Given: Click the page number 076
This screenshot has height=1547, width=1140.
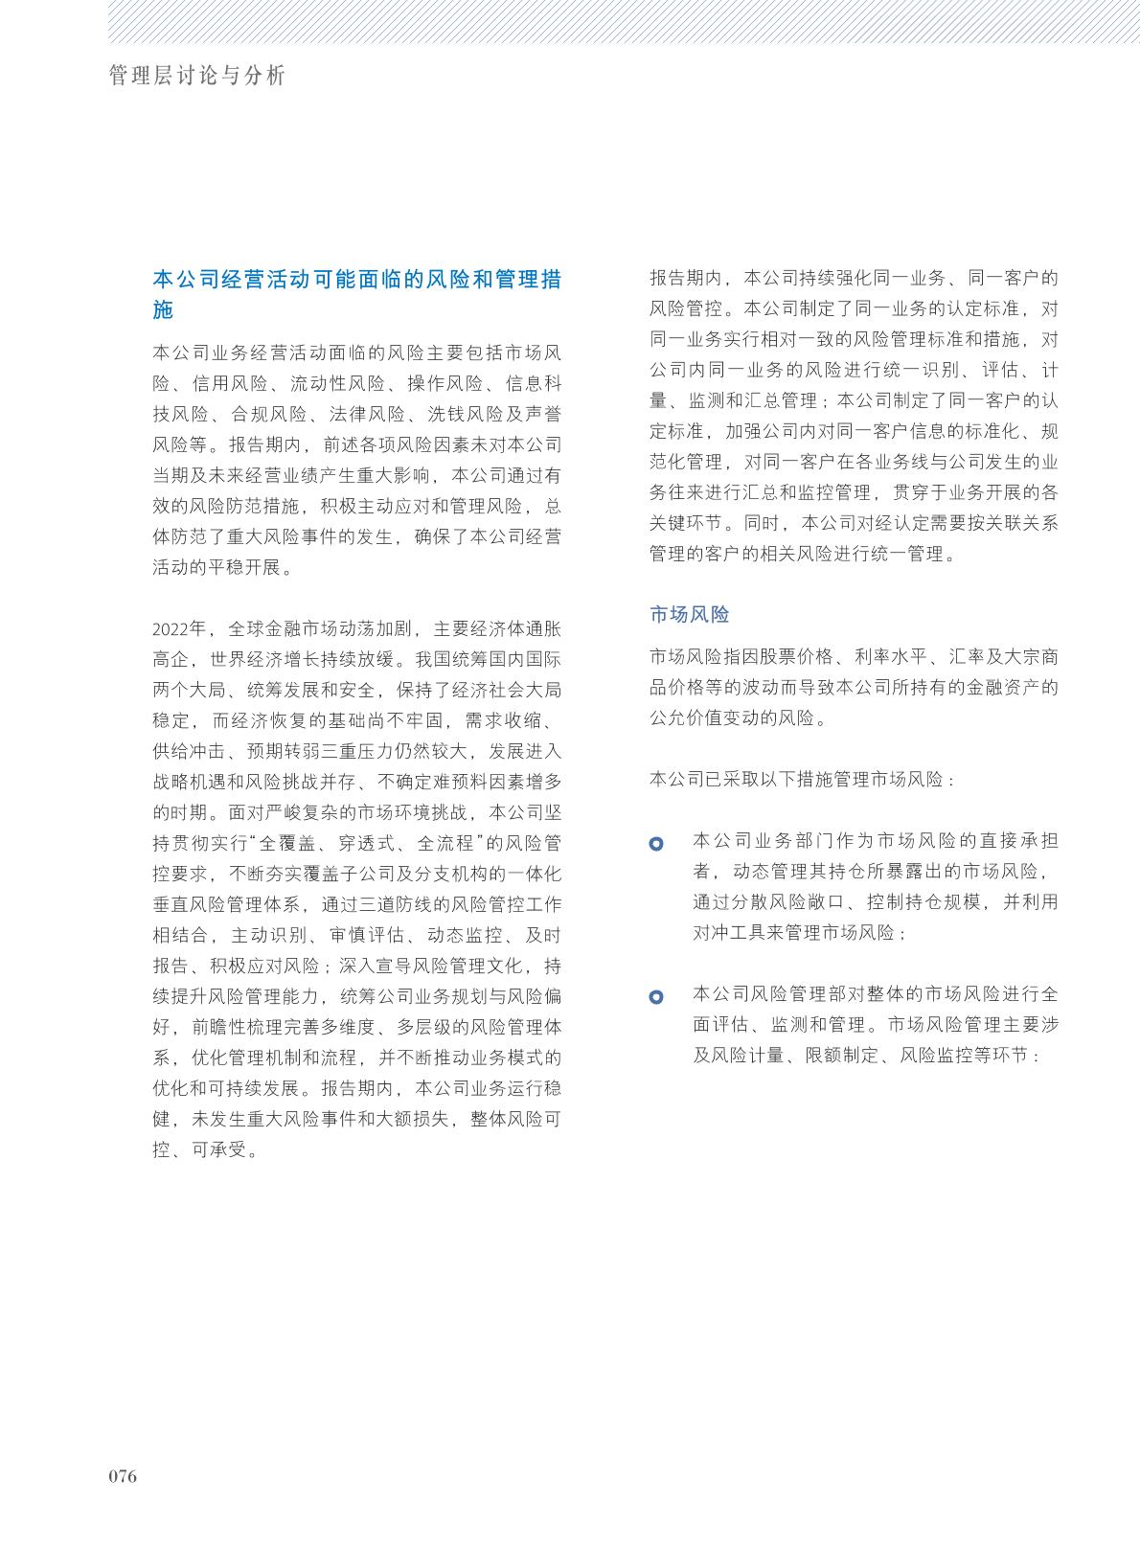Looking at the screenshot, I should tap(123, 1476).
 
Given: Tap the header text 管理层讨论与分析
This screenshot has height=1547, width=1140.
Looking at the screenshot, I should tap(197, 76).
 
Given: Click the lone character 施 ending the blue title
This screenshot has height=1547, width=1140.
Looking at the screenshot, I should tap(163, 310).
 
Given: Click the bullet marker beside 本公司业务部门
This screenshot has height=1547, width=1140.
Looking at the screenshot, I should tap(656, 844).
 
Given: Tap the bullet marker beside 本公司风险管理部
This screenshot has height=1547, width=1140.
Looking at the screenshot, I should tap(656, 997).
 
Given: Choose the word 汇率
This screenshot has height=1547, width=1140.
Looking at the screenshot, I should tap(968, 657).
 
